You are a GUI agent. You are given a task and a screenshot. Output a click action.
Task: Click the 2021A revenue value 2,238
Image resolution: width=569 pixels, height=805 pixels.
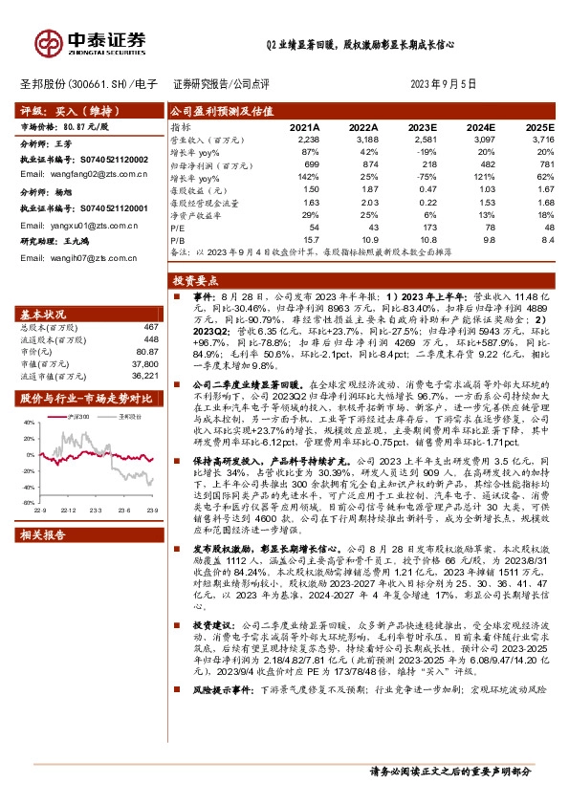pos(306,139)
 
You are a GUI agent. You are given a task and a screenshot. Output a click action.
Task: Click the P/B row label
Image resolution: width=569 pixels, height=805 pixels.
pos(178,240)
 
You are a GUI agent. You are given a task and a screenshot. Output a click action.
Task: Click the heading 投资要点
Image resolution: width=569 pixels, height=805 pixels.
pos(196,283)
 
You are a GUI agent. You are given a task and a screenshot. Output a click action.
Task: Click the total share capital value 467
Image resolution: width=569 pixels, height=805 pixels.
pos(150,327)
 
